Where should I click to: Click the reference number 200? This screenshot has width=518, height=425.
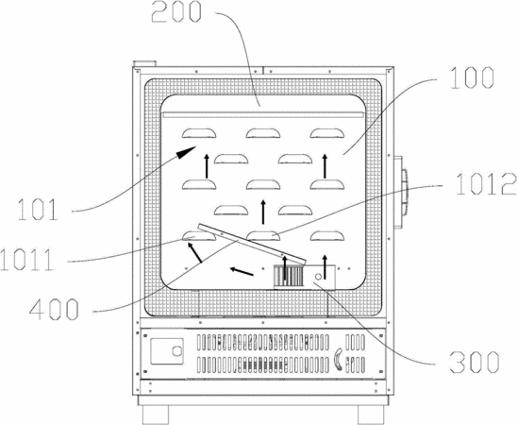(176, 12)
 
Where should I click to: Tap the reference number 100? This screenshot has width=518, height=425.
(472, 77)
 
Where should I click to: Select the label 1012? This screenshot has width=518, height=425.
(486, 184)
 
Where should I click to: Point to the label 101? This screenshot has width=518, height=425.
(38, 210)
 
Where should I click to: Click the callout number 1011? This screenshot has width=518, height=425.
(27, 260)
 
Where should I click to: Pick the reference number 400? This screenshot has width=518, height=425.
(54, 309)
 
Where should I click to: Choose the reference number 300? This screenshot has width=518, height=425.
(474, 362)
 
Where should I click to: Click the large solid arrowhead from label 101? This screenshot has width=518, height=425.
(187, 152)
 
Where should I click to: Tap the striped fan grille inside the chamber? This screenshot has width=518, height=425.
(288, 276)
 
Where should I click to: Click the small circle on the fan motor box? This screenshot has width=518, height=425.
(319, 276)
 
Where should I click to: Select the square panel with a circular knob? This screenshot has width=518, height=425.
(167, 351)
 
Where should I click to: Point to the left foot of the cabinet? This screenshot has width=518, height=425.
(156, 415)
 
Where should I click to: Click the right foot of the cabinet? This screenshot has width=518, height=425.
(371, 415)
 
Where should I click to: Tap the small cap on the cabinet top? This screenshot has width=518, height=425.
(144, 63)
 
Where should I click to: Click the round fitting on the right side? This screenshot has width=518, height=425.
(404, 193)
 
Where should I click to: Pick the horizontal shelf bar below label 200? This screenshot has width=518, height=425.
(263, 115)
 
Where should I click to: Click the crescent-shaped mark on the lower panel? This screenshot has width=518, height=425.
(338, 359)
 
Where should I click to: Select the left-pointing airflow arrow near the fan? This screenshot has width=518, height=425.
(242, 271)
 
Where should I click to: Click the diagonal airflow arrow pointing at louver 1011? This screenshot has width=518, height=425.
(194, 252)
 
